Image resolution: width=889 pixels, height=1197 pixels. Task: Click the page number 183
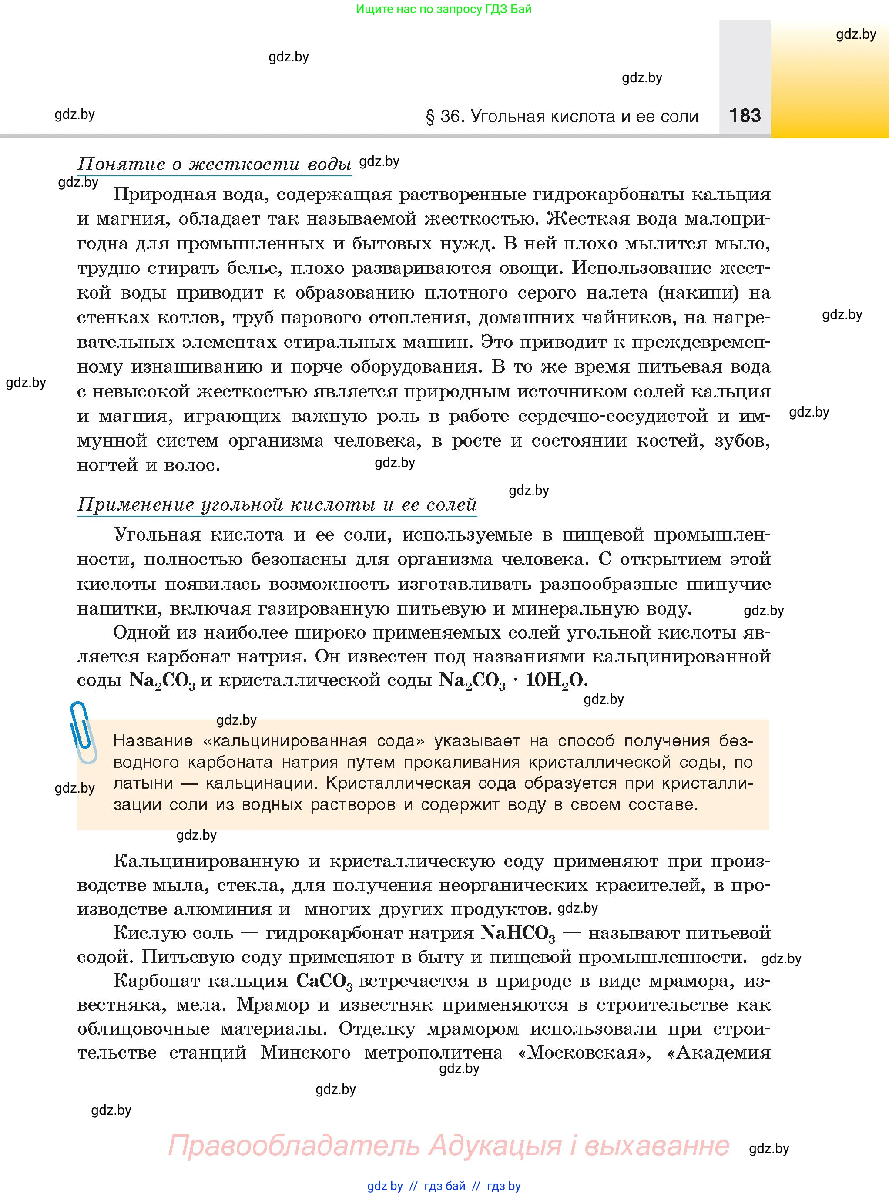tap(745, 116)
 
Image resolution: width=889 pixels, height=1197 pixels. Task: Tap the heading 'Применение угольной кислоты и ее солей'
tap(277, 505)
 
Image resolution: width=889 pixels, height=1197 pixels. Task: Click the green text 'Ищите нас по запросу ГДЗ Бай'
tap(443, 9)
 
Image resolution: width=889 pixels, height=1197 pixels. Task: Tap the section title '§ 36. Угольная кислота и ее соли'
tap(562, 117)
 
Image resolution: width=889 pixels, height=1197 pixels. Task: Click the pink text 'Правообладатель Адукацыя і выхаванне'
tap(448, 1145)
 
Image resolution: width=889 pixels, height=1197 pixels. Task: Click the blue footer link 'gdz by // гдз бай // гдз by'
tap(444, 1186)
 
